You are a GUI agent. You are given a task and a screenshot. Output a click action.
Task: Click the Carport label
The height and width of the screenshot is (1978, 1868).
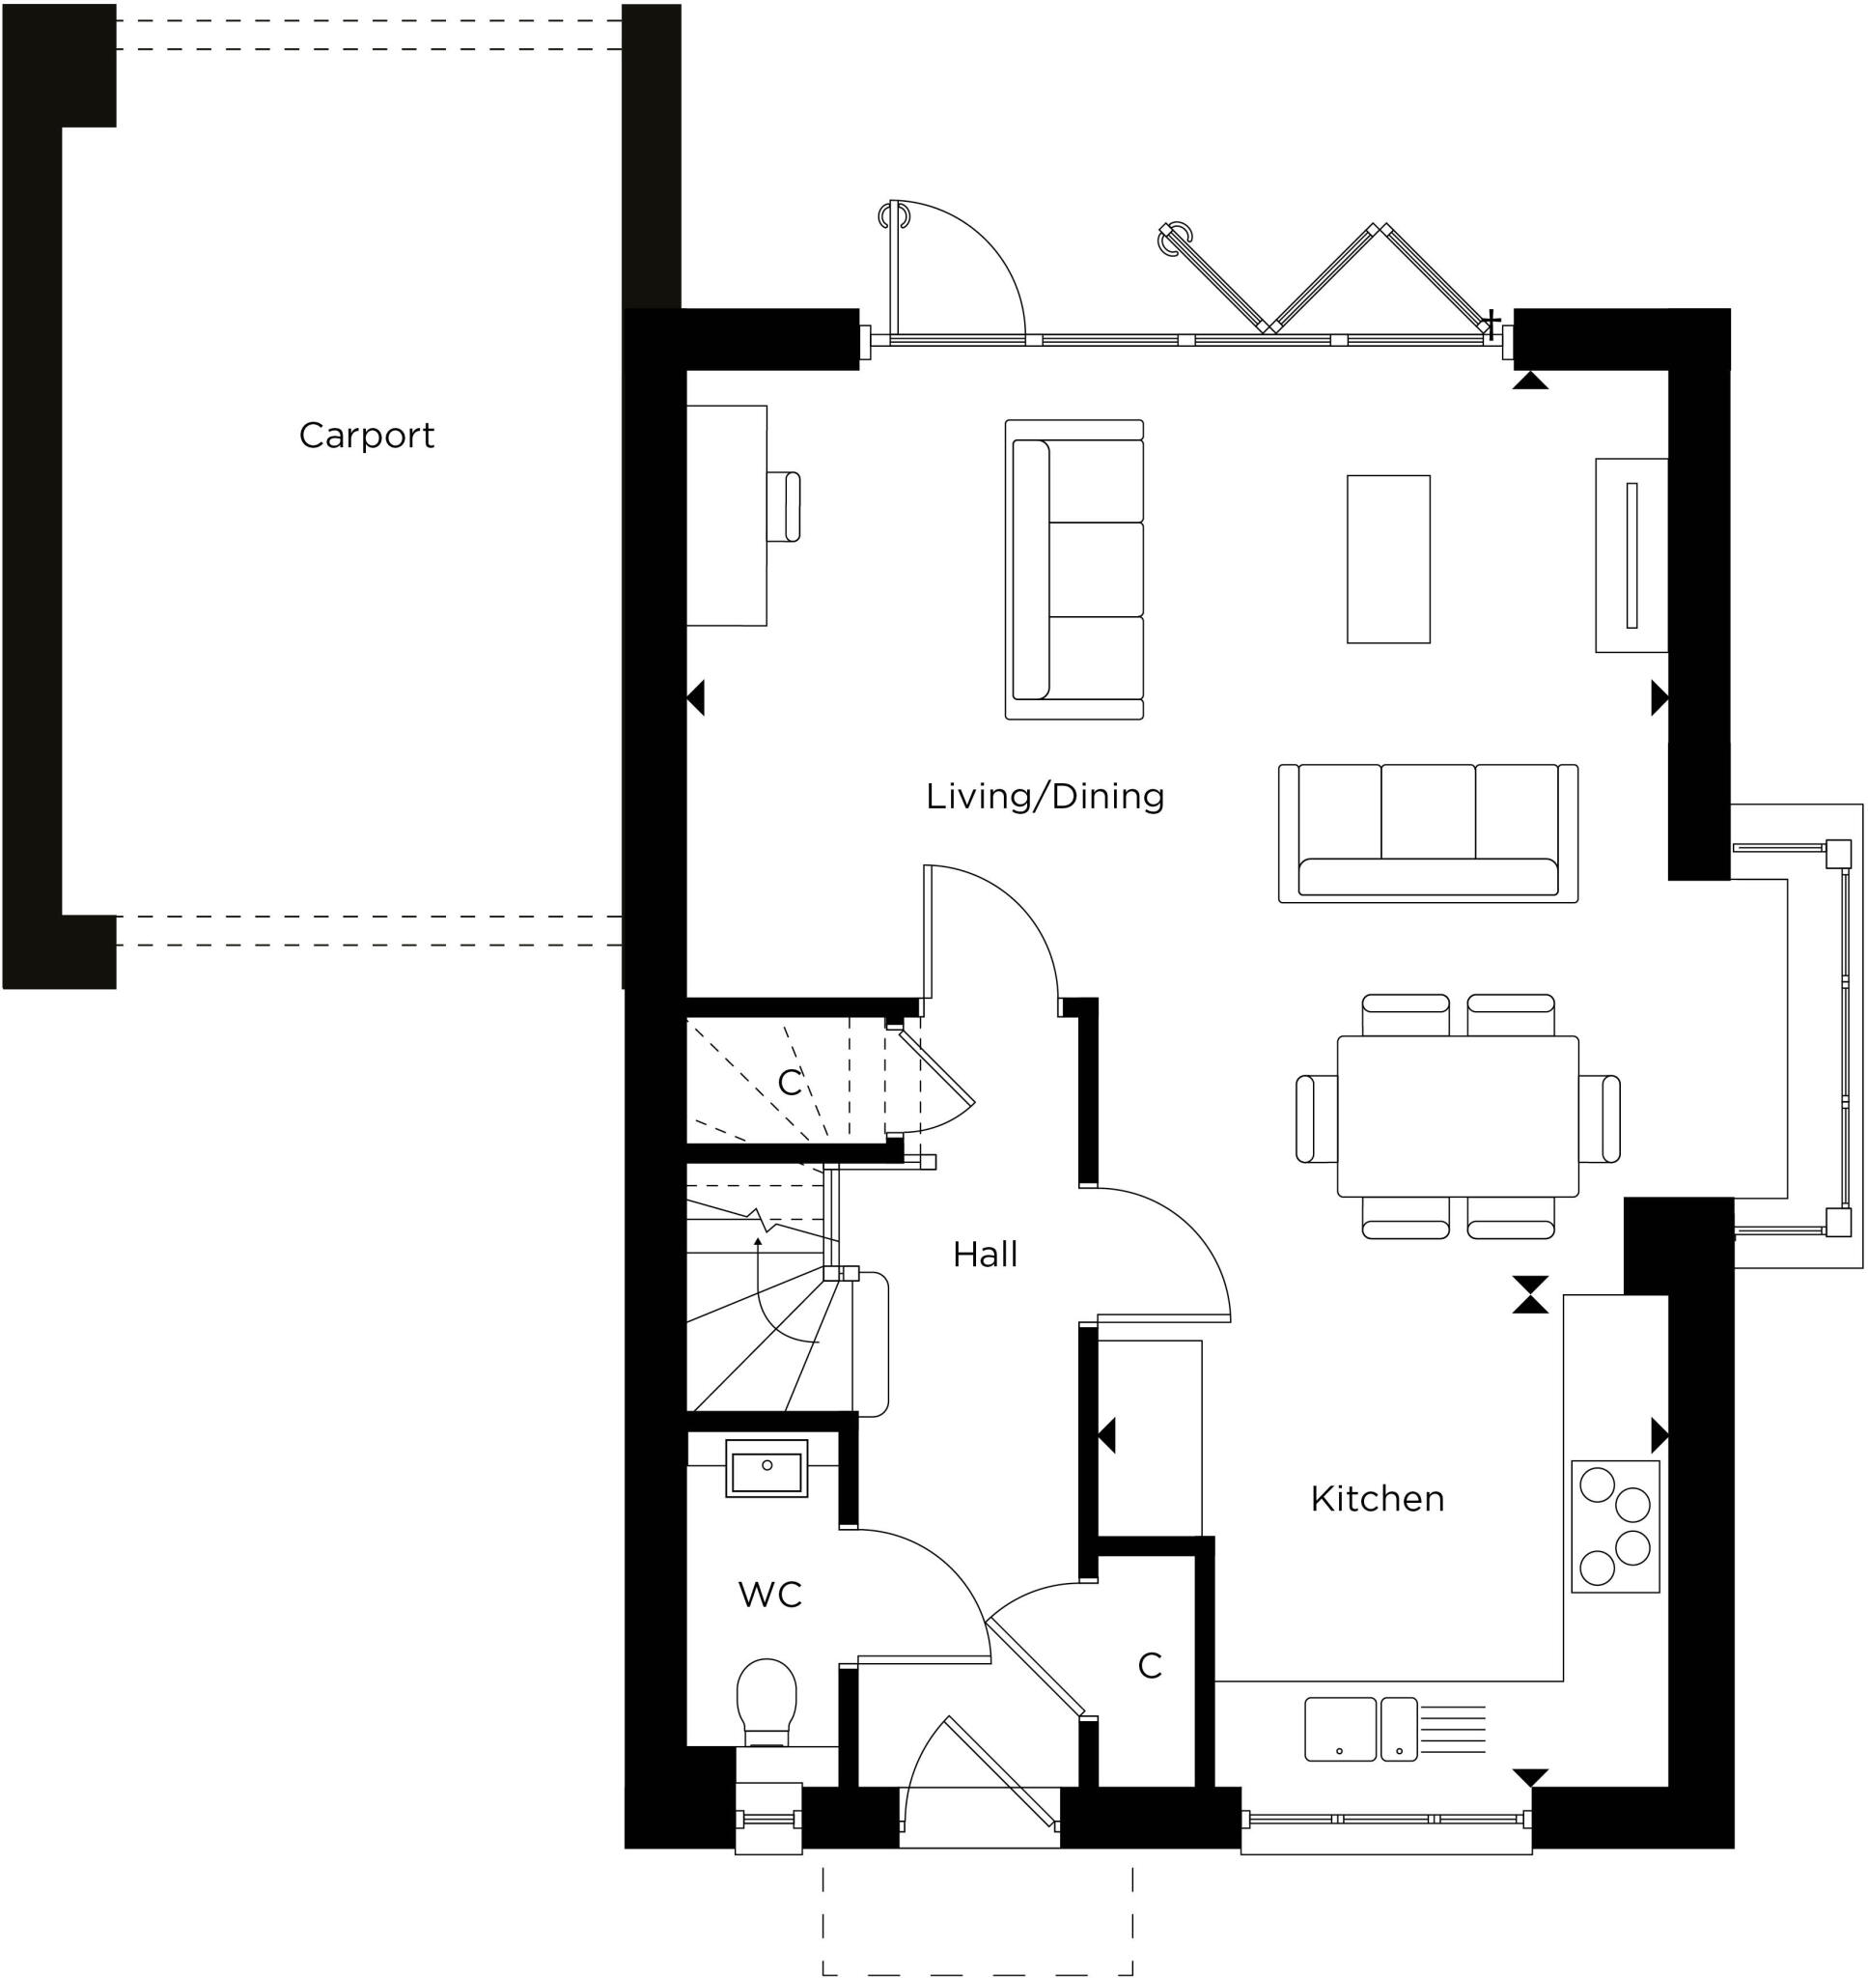tap(367, 436)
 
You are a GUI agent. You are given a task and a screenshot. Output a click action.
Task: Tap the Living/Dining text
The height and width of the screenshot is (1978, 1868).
tap(1045, 796)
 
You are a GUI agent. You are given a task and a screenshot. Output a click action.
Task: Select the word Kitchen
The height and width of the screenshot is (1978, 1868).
tap(1377, 1499)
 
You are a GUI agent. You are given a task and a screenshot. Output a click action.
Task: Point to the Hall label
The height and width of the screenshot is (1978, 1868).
tap(985, 1255)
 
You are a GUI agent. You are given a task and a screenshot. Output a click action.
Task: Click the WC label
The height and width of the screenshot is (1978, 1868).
tap(769, 1595)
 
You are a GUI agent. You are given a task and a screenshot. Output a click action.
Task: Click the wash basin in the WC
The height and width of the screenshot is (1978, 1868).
tap(767, 1469)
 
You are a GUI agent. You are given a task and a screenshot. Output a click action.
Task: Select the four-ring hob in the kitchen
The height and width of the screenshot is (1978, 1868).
tap(1615, 1526)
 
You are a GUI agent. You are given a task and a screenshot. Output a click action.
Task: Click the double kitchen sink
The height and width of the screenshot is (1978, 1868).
tap(1360, 1729)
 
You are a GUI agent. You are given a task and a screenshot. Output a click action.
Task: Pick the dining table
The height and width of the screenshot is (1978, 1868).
tap(1457, 1116)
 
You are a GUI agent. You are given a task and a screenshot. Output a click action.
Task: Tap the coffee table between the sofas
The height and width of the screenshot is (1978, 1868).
tap(1388, 559)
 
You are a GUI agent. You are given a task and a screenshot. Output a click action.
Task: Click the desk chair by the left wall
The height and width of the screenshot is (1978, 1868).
tap(786, 506)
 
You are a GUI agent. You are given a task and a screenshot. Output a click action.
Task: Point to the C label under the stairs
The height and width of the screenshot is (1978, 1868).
tap(790, 1083)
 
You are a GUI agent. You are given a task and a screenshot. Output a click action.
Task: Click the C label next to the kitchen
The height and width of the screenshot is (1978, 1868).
tap(1149, 1665)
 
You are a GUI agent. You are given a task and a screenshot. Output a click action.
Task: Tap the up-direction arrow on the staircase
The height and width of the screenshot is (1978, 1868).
tap(759, 1242)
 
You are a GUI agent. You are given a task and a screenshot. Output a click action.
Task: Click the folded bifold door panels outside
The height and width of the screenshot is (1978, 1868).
tap(1324, 277)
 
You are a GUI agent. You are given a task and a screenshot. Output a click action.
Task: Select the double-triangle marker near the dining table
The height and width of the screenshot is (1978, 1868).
tap(1529, 1295)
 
